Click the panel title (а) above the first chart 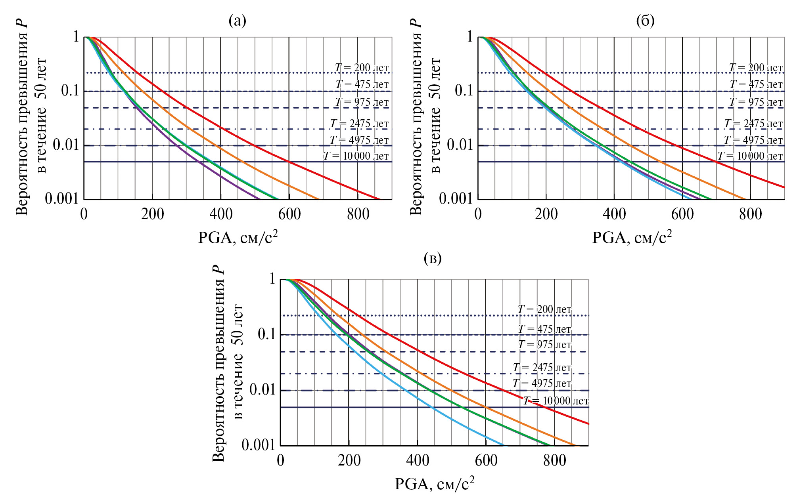pyautogui.click(x=238, y=21)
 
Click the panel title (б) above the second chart pyautogui.click(x=645, y=21)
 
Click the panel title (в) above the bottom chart pyautogui.click(x=433, y=259)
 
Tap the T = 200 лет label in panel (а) pyautogui.click(x=362, y=68)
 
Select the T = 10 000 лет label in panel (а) pyautogui.click(x=356, y=156)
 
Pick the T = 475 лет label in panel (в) pyautogui.click(x=544, y=329)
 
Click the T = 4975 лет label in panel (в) pyautogui.click(x=542, y=383)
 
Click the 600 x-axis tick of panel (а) pyautogui.click(x=289, y=214)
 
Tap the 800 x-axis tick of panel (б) pyautogui.click(x=751, y=214)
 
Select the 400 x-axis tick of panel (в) pyautogui.click(x=418, y=461)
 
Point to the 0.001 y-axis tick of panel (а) pyautogui.click(x=62, y=198)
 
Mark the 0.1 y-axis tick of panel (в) pyautogui.click(x=266, y=334)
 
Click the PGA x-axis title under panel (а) pyautogui.click(x=238, y=237)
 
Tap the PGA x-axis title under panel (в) pyautogui.click(x=435, y=484)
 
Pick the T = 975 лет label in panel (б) pyautogui.click(x=756, y=102)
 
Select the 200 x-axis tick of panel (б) pyautogui.click(x=546, y=214)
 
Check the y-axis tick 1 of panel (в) pyautogui.click(x=272, y=279)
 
